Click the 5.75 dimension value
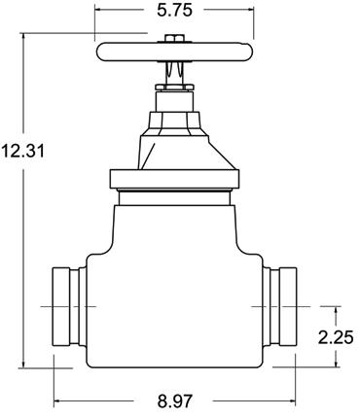[x=174, y=10]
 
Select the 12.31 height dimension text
[x=22, y=151]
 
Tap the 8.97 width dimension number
[x=175, y=401]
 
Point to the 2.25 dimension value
[x=336, y=338]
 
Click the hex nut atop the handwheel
[x=174, y=38]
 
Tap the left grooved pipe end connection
[x=69, y=306]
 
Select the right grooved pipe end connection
[x=279, y=306]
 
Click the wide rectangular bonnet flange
[x=175, y=179]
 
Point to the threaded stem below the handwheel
[x=174, y=73]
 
